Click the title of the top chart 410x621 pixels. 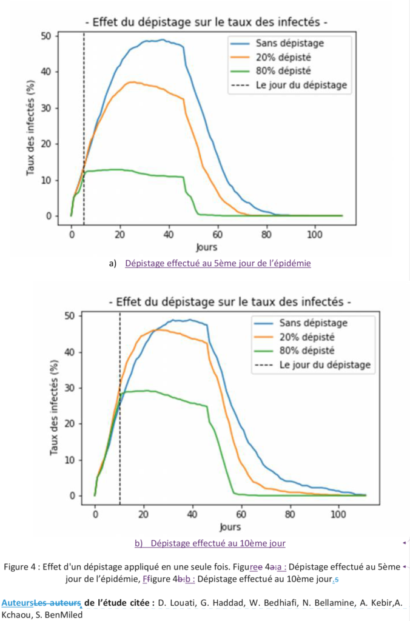(207, 22)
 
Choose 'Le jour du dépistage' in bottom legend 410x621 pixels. (324, 365)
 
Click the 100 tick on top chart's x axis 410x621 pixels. (315, 235)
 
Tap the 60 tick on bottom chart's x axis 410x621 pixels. (241, 515)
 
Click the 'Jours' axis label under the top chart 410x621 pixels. (206, 247)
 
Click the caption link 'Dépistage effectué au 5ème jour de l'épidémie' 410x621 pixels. (218, 263)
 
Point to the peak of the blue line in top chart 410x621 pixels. (162, 40)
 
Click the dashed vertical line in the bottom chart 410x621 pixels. (120, 425)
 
